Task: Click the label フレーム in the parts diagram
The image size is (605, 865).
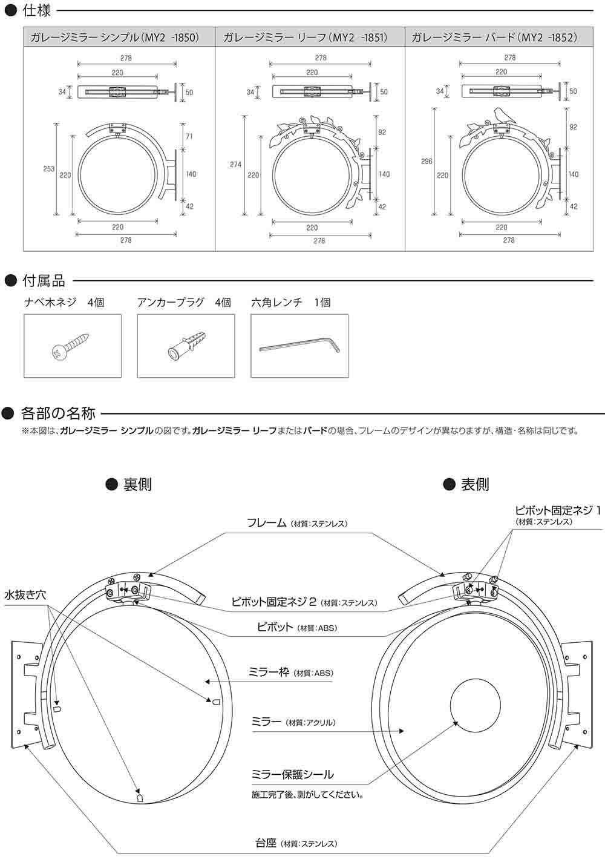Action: pos(266,522)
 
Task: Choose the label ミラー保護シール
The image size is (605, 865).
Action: pos(292,774)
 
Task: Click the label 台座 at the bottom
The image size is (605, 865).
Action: pos(266,842)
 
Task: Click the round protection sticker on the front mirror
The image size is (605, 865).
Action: pos(476,706)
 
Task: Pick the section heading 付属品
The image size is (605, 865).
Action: pos(44,281)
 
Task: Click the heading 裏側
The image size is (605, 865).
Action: pos(137,484)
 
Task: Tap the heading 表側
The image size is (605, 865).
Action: pos(475,484)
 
